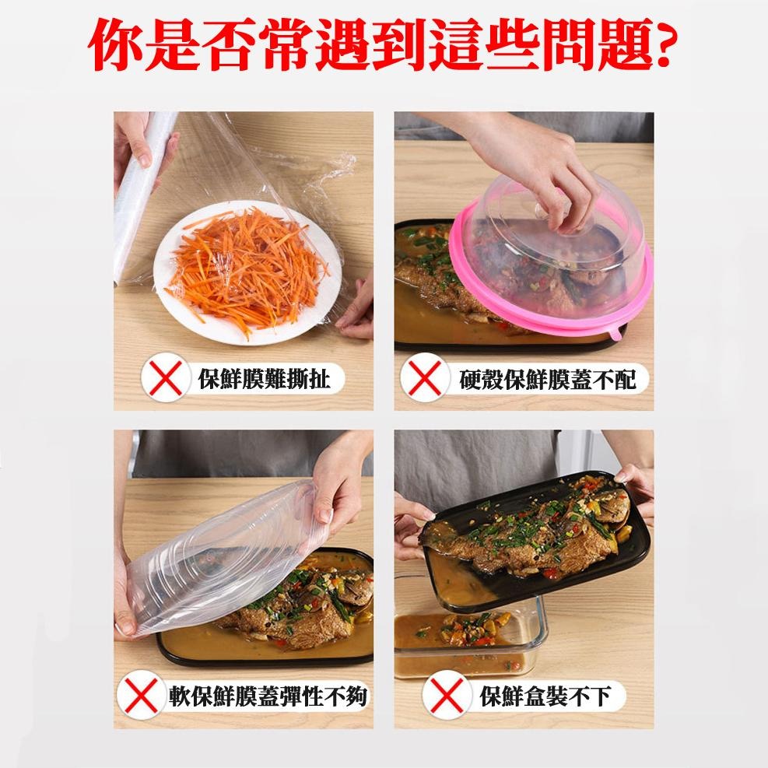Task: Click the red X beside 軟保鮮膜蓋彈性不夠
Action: tap(141, 695)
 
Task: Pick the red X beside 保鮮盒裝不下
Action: tap(446, 695)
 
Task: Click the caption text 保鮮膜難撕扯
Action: tap(265, 379)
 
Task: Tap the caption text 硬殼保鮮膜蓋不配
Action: tap(548, 379)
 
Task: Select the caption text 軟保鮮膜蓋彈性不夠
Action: tap(268, 696)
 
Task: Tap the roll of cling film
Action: tap(139, 196)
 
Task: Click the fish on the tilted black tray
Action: tap(529, 534)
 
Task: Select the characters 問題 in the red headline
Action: tap(593, 45)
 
